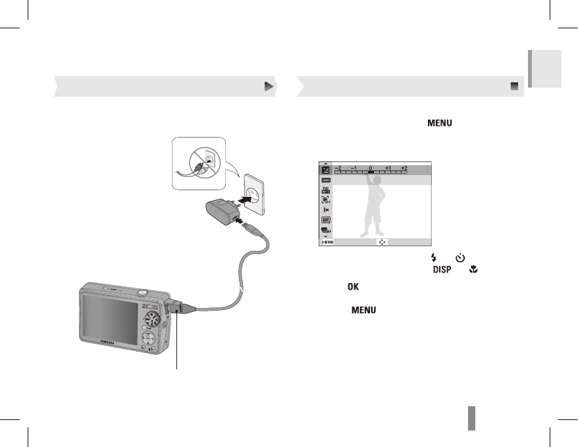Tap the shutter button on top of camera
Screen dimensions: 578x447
click(142, 290)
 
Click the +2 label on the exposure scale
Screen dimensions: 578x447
click(404, 168)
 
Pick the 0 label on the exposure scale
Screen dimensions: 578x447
click(371, 168)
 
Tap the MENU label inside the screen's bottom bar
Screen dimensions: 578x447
click(327, 242)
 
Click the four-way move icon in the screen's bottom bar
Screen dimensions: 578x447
click(382, 242)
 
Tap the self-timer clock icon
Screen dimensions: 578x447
click(460, 259)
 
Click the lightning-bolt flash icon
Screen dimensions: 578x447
click(433, 259)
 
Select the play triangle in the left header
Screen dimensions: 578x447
click(268, 86)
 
